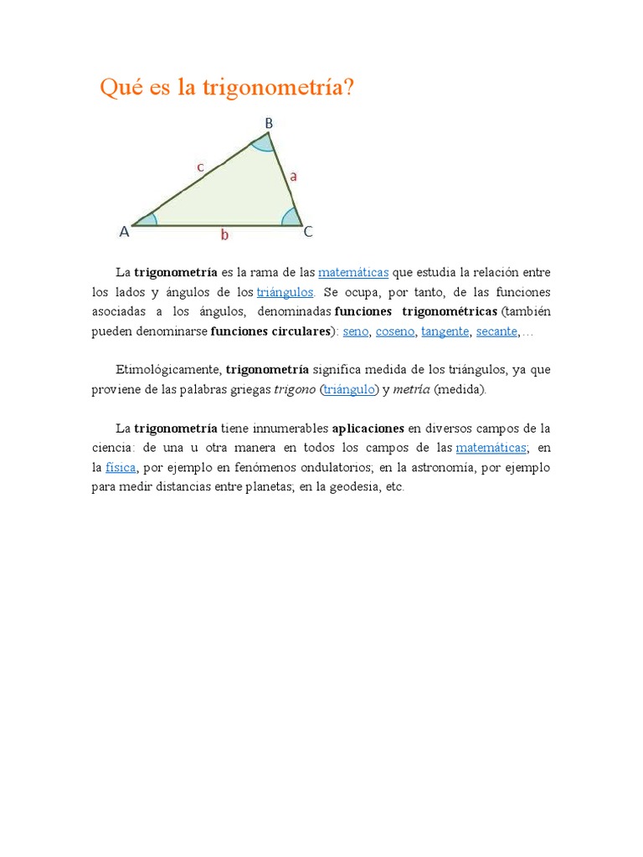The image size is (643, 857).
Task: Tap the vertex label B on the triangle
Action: pos(269,124)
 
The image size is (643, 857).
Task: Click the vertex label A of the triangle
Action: pos(124,232)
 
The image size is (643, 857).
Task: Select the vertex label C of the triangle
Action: pos(308,232)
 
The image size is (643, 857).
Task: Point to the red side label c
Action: pos(200,167)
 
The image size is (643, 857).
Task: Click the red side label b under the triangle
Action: pos(224,236)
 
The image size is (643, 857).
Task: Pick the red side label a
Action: pos(293,177)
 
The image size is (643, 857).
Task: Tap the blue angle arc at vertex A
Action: pos(149,220)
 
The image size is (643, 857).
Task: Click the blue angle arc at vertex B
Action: pos(264,144)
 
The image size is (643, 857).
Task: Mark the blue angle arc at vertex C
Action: pos(291,218)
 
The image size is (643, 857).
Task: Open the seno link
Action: pos(356,331)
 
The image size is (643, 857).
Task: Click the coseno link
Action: pos(394,331)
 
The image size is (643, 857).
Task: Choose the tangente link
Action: pos(445,331)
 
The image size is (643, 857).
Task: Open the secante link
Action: pos(496,331)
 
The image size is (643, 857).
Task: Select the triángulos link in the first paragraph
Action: pos(285,292)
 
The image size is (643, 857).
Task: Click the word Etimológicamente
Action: pos(167,370)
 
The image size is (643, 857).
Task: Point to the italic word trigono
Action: pos(295,390)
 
